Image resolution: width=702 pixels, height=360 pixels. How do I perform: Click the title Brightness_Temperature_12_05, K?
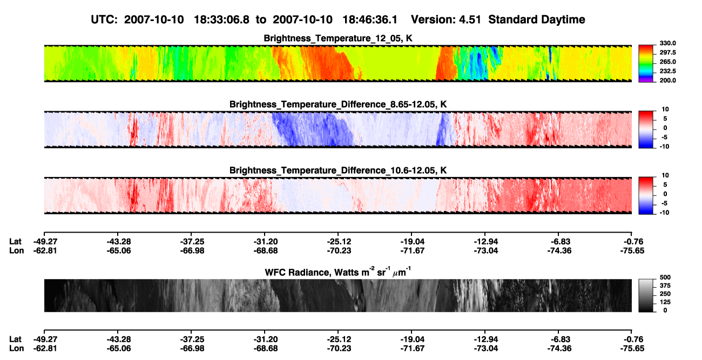coord(338,38)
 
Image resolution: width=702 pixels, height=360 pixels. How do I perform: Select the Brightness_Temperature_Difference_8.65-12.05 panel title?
coord(338,104)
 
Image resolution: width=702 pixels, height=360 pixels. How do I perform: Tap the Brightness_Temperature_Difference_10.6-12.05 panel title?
coord(338,171)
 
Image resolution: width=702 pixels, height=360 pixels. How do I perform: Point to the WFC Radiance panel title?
coord(338,272)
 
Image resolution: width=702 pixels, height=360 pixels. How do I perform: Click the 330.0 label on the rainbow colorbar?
coord(667,43)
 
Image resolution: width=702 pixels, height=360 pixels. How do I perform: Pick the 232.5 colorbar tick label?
coord(667,71)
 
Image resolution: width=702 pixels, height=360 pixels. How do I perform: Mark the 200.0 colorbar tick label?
coord(667,80)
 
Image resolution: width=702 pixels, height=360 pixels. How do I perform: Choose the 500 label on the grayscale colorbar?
coord(665,277)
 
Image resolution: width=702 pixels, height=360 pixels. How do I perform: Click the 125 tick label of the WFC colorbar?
coord(665,302)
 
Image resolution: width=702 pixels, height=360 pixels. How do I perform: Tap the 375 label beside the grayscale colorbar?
coord(665,286)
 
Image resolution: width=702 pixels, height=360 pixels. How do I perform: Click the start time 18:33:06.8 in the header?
coord(221,19)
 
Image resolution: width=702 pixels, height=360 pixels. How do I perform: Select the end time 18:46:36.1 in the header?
coord(370,19)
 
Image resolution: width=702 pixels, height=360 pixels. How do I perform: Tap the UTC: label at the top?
coord(104,19)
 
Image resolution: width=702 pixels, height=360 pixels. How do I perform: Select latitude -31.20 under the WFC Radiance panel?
coord(266,339)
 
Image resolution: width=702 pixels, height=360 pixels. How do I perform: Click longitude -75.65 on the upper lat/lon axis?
coord(632,250)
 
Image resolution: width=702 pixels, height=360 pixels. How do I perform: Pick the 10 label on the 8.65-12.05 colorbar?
coord(665,110)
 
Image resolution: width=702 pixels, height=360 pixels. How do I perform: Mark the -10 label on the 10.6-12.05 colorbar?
coord(664,213)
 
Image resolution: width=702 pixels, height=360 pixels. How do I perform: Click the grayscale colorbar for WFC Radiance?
coord(646,295)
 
